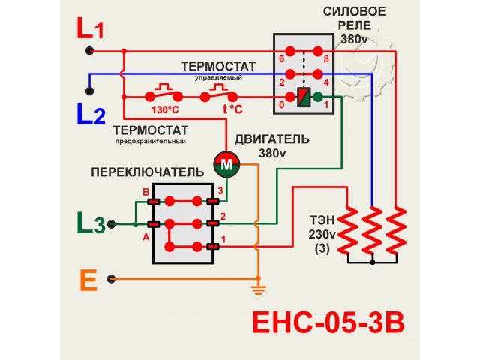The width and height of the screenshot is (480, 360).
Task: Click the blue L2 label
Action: point(91,114)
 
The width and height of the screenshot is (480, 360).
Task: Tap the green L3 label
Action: point(90,223)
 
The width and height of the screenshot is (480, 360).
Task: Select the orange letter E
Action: point(88,280)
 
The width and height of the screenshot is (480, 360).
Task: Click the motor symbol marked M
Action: point(226,163)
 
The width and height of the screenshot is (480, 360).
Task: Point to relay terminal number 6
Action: point(281,58)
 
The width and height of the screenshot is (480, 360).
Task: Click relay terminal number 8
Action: point(328,58)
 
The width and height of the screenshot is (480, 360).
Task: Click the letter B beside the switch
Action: point(146,192)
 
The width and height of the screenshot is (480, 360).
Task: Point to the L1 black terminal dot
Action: point(89,51)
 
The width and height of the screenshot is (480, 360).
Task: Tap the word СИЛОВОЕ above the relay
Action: point(355,11)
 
